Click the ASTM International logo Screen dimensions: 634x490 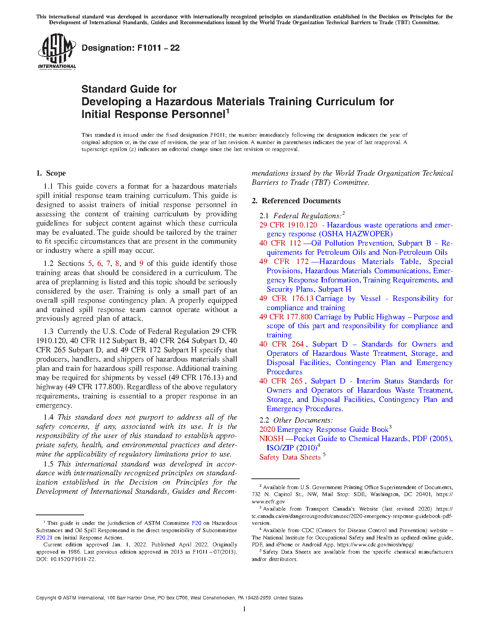[56, 51]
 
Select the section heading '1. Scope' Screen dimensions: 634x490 [51, 173]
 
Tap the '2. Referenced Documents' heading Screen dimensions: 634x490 [296, 201]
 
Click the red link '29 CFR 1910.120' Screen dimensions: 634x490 [288, 225]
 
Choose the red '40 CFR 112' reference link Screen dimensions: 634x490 [280, 243]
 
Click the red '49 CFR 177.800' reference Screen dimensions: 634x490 [286, 317]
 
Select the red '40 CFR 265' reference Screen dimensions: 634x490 [281, 381]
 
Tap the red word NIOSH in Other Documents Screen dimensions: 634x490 [271, 439]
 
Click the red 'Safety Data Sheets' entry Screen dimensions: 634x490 [290, 457]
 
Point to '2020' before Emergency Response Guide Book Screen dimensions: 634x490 [267, 430]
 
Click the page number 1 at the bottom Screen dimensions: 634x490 [244, 609]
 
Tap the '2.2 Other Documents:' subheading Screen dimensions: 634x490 [296, 420]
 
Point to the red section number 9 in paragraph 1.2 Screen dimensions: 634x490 [141, 264]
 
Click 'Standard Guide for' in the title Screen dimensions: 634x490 [129, 89]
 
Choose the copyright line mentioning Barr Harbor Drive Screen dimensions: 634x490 [169, 598]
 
